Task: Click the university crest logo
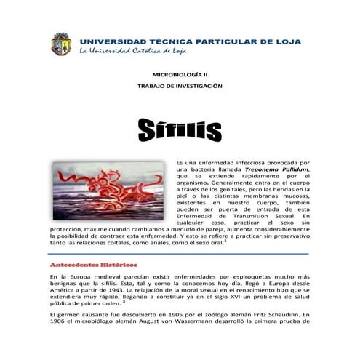(60, 44)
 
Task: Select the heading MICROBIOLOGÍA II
(180, 75)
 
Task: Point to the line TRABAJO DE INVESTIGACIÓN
(180, 86)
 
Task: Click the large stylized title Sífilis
(180, 132)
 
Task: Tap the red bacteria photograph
(109, 191)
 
